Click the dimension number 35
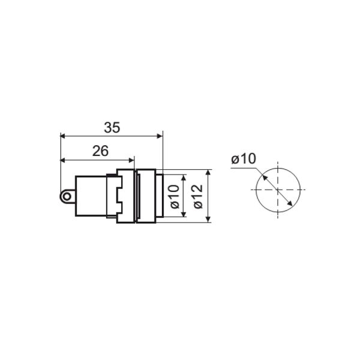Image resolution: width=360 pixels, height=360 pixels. [x=112, y=128]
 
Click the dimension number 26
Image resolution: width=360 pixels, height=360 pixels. [x=100, y=151]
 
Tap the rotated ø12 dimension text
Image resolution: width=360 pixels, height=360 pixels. [x=198, y=197]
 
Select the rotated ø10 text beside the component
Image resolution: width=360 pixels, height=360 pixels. [x=175, y=197]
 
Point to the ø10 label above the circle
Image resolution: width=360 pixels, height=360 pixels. [x=244, y=158]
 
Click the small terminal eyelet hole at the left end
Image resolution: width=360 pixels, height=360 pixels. [x=67, y=197]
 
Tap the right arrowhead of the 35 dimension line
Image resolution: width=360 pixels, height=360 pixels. [x=160, y=136]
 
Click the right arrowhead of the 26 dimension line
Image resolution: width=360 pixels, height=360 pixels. [x=131, y=160]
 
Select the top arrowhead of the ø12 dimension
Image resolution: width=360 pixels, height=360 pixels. [x=208, y=172]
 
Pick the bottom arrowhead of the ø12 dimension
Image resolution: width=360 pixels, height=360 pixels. [x=208, y=220]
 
